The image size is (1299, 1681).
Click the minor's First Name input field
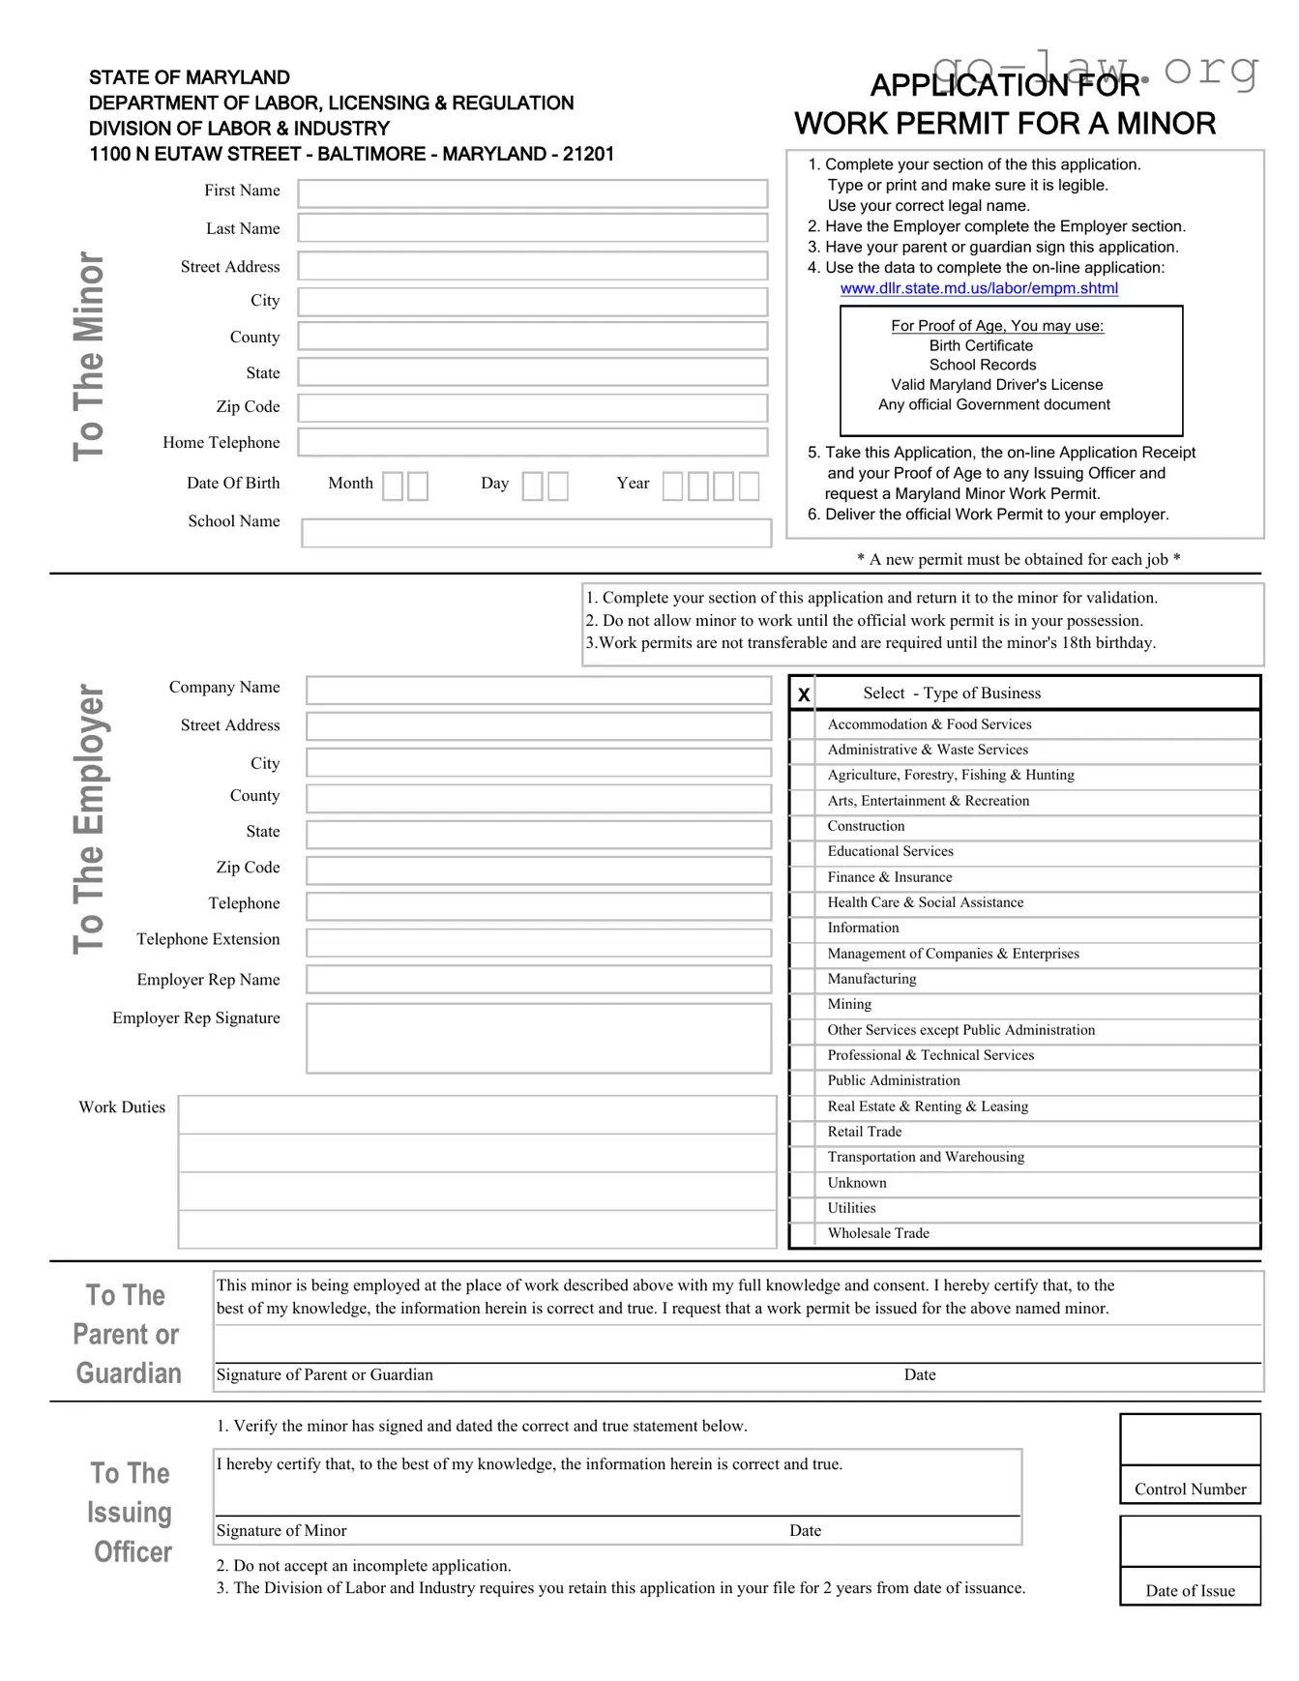tap(532, 193)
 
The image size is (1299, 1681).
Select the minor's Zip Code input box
tap(532, 407)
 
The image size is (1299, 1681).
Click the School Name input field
tap(536, 533)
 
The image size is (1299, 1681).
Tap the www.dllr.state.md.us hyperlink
tap(978, 288)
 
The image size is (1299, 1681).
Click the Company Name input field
tap(538, 690)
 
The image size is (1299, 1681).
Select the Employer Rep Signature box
tap(538, 1038)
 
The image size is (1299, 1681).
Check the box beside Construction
tap(802, 827)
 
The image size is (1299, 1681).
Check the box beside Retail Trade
tap(802, 1133)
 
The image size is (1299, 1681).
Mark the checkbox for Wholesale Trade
tap(802, 1234)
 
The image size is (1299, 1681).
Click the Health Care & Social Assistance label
tap(925, 902)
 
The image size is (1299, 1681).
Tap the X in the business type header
tap(804, 694)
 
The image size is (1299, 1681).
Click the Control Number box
tap(1190, 1440)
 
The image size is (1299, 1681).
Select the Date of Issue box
tap(1190, 1541)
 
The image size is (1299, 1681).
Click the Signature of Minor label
tap(281, 1531)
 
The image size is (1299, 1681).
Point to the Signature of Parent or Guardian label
tap(324, 1375)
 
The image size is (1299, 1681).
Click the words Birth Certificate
tap(981, 346)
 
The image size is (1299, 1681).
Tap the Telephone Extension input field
tap(538, 942)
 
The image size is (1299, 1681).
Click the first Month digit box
tap(393, 486)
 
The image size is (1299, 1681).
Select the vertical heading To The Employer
tap(89, 818)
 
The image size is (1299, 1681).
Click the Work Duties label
tap(122, 1107)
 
